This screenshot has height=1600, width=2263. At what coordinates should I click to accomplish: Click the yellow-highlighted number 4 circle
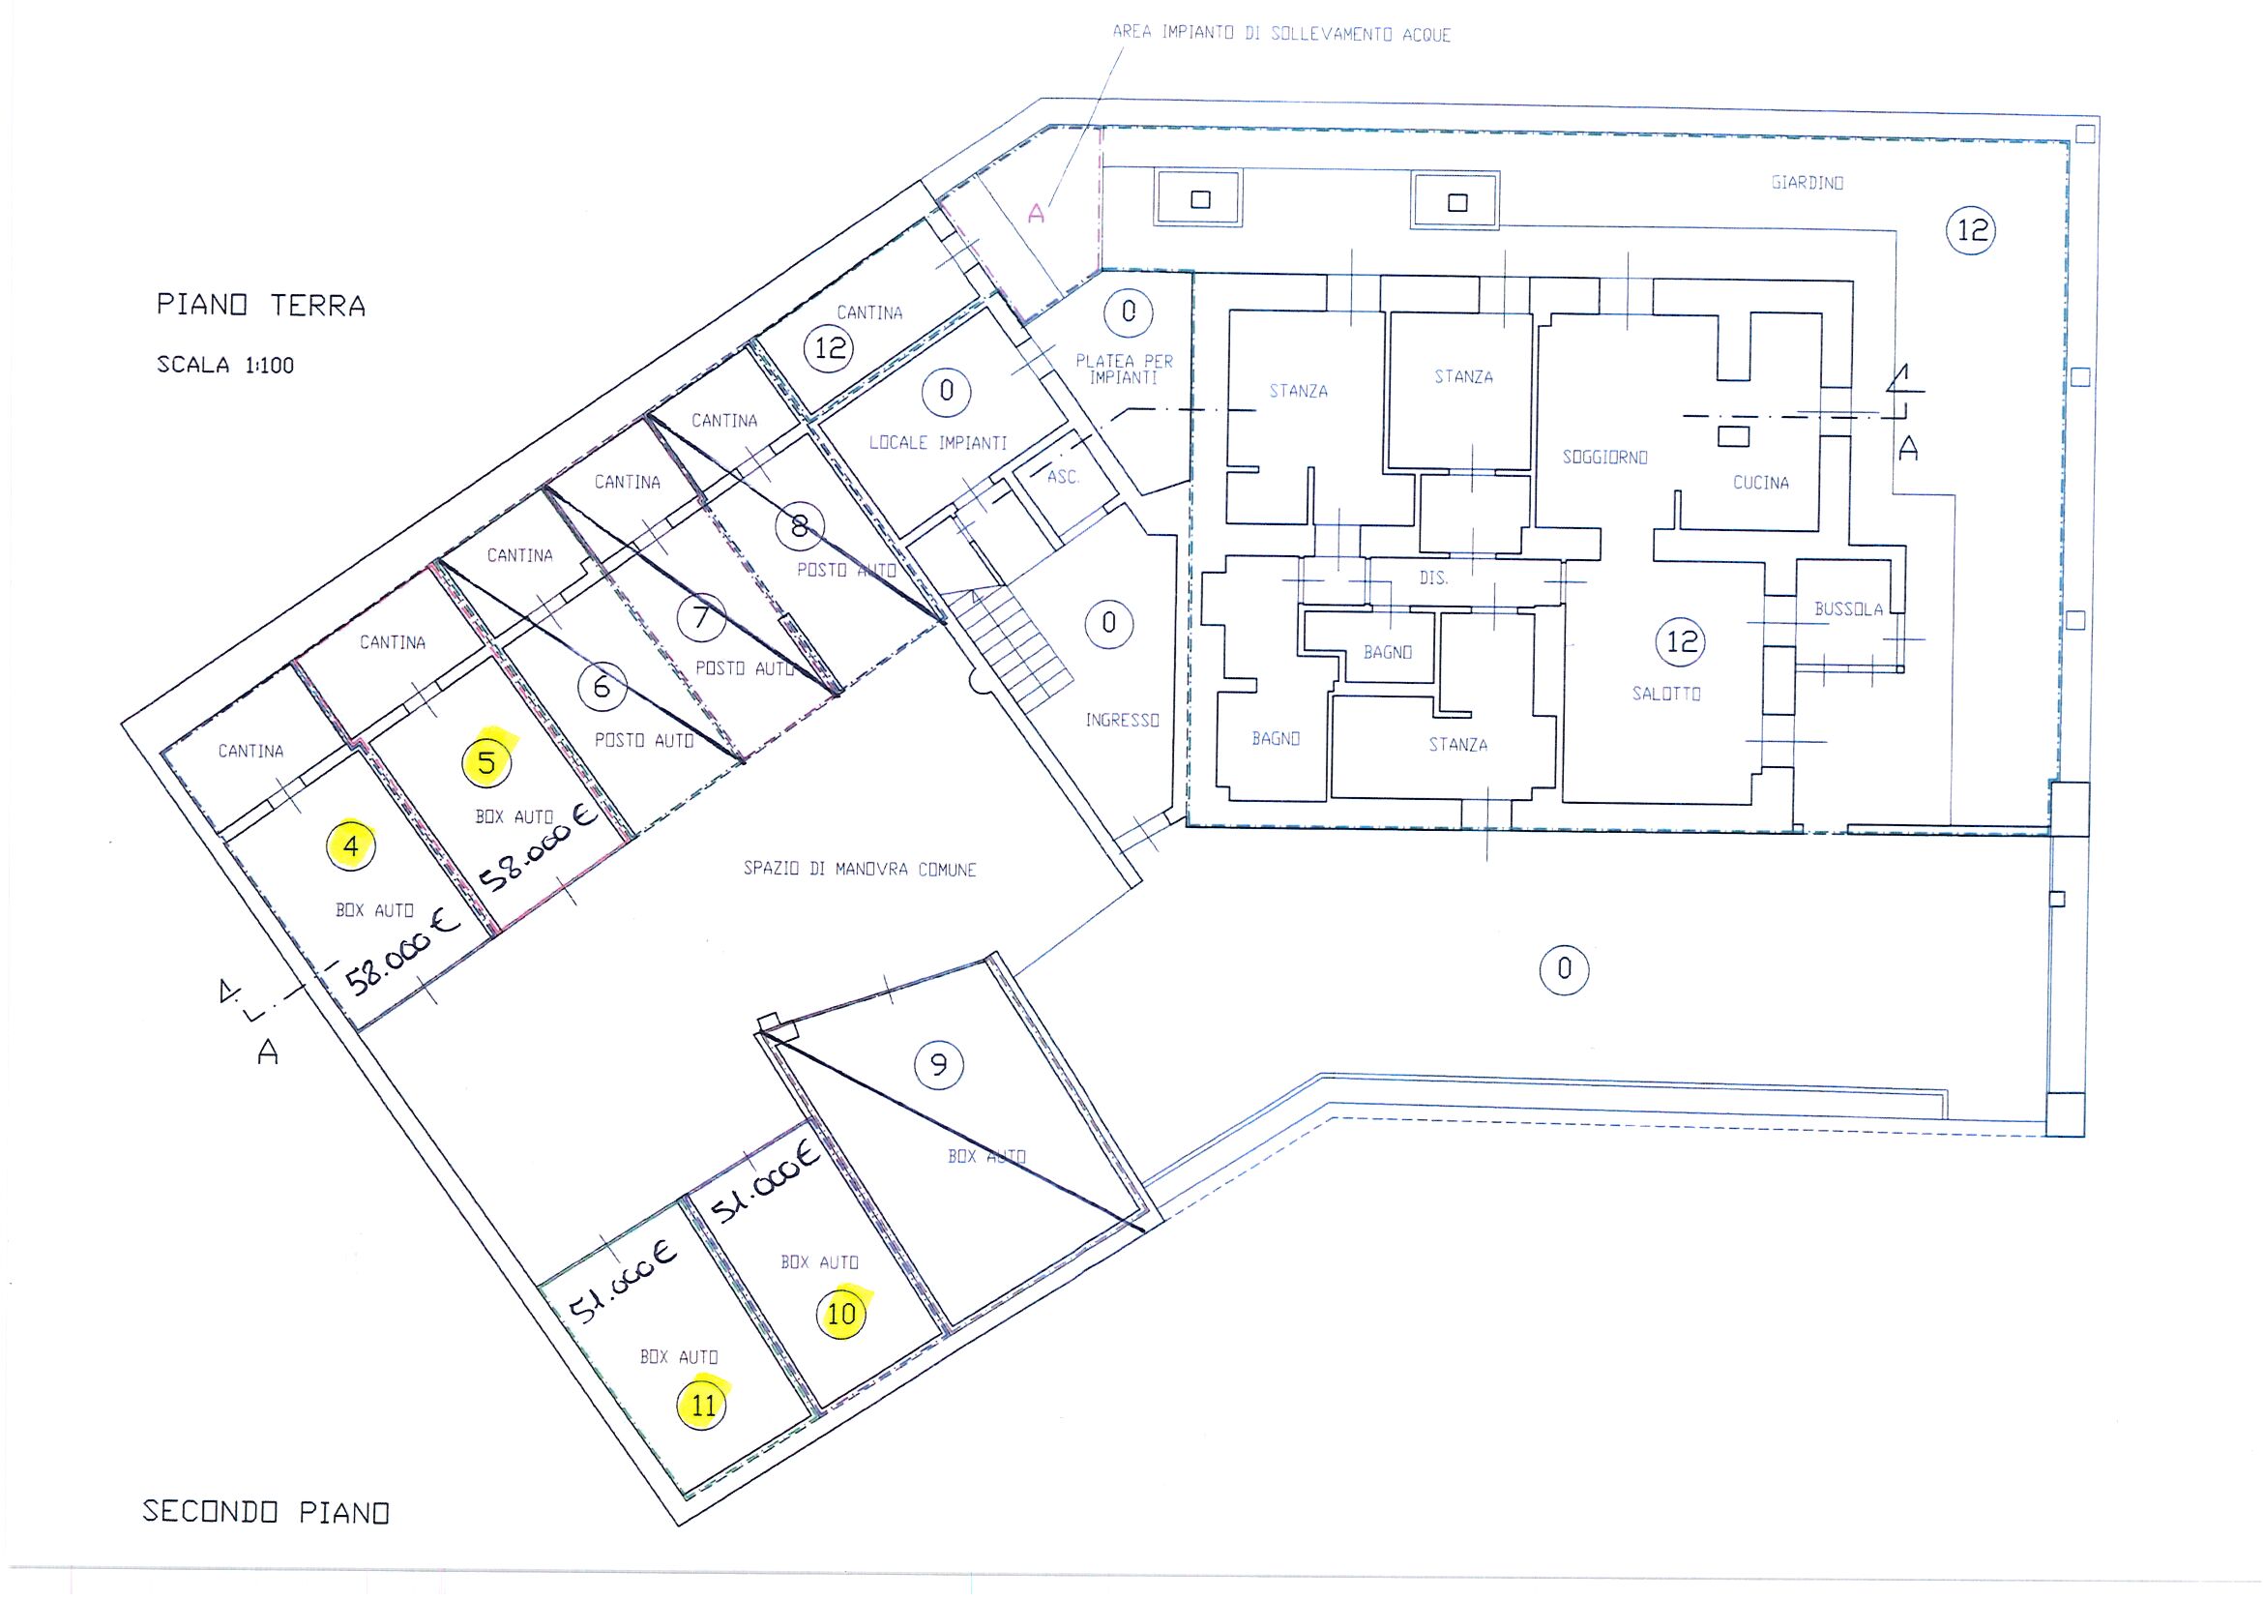point(353,845)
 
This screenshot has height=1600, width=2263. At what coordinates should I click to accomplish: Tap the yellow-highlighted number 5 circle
point(486,762)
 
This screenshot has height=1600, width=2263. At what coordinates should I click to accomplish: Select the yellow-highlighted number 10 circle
point(841,1314)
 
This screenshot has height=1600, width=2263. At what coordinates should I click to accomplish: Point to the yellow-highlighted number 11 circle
point(702,1404)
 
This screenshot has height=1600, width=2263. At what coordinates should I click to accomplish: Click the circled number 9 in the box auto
point(938,1064)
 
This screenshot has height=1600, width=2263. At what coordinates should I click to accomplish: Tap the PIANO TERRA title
point(261,306)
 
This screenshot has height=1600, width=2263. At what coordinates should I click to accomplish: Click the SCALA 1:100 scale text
point(225,365)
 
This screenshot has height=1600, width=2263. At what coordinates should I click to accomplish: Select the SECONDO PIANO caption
point(266,1511)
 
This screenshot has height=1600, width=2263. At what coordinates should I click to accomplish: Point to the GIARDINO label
point(1807,183)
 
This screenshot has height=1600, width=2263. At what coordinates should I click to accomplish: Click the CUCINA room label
point(1760,482)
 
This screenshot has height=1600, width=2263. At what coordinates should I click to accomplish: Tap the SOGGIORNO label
point(1604,458)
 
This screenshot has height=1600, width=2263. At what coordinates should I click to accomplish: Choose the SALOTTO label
point(1665,694)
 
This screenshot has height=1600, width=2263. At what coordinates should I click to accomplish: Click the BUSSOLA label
point(1848,609)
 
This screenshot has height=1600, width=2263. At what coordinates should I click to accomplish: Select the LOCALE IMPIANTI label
point(937,443)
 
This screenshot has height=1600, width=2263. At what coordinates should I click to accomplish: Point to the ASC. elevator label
point(1063,477)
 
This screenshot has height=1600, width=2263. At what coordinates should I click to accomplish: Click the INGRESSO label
point(1122,721)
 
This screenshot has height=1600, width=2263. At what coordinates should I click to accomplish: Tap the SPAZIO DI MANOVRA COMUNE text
point(860,870)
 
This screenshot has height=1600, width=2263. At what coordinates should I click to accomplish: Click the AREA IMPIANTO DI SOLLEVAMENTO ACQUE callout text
point(1281,34)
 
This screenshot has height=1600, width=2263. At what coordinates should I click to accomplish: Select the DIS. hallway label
point(1433,578)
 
